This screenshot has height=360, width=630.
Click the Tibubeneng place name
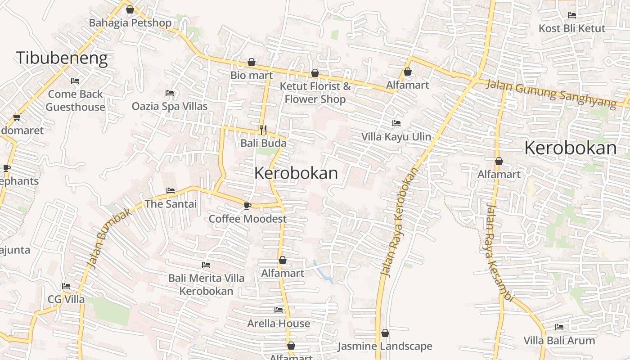62,58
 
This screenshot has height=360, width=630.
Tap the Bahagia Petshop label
130,23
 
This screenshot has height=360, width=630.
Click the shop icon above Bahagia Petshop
130,9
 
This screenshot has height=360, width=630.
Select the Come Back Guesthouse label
75,100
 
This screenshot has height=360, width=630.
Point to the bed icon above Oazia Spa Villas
170,93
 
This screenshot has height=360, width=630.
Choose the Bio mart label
252,75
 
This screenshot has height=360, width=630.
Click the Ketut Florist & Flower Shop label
315,92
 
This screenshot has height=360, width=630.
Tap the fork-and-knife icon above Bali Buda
263,130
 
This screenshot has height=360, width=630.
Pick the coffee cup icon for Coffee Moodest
247,206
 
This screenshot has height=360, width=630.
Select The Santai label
171,204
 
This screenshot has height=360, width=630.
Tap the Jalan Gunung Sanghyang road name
551,94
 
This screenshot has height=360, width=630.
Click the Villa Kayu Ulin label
396,137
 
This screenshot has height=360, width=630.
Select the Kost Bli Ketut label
572,28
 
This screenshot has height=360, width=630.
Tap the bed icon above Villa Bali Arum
559,327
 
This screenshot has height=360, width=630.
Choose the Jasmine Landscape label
385,346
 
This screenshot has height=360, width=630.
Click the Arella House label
279,324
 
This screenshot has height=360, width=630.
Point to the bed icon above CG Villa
66,286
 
